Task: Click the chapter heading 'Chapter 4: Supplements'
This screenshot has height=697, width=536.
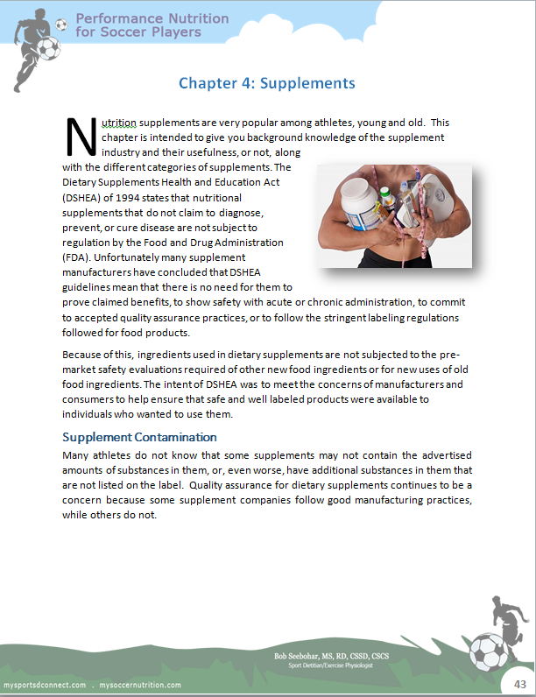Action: pos(266,83)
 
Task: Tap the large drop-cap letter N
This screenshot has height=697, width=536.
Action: pos(80,135)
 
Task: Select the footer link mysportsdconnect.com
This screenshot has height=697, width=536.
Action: pos(45,684)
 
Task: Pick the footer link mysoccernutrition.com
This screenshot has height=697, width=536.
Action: pos(141,684)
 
